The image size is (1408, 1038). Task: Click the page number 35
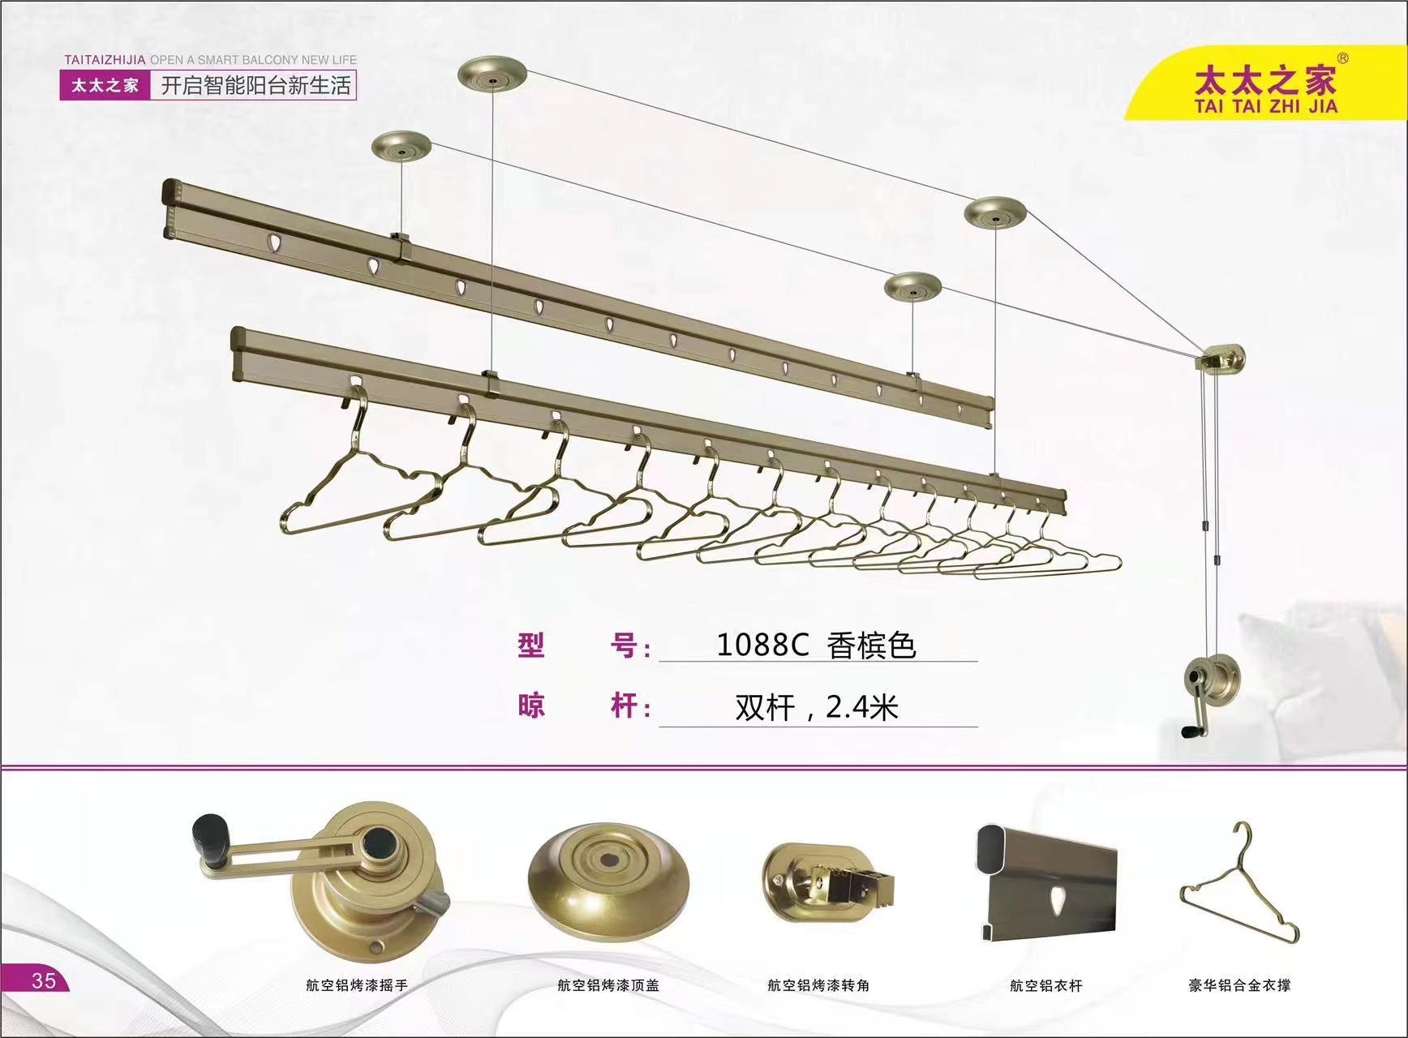click(x=44, y=980)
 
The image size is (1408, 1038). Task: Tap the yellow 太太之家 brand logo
click(x=1264, y=89)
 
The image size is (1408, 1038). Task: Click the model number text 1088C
click(x=762, y=645)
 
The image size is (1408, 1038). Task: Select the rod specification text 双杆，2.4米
click(x=817, y=708)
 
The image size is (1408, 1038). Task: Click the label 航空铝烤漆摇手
click(x=356, y=985)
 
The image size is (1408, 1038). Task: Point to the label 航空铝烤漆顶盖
click(x=608, y=985)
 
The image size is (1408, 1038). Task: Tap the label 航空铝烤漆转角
click(x=818, y=985)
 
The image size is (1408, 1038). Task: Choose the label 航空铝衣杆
click(x=1045, y=986)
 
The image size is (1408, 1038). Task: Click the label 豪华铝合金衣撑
click(x=1239, y=985)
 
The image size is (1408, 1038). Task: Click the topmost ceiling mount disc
click(x=492, y=74)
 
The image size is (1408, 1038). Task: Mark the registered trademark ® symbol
click(x=1342, y=58)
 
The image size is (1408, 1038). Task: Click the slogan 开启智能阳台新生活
click(x=255, y=85)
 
